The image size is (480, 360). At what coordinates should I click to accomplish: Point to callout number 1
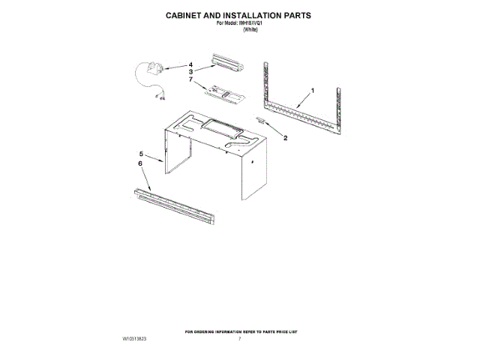pyautogui.click(x=313, y=91)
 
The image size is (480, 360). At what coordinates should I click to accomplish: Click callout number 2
pyautogui.click(x=284, y=138)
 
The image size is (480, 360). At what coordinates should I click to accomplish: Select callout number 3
pyautogui.click(x=191, y=71)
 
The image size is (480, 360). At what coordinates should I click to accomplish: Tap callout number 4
pyautogui.click(x=190, y=64)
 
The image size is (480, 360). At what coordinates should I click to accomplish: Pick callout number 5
pyautogui.click(x=142, y=154)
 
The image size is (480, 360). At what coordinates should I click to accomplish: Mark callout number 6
pyautogui.click(x=140, y=163)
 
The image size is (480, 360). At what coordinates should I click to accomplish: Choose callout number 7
pyautogui.click(x=191, y=79)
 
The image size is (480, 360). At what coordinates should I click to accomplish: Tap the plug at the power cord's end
pyautogui.click(x=160, y=94)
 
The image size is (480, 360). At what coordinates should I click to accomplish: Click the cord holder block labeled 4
pyautogui.click(x=157, y=70)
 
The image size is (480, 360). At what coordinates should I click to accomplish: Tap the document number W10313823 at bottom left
pyautogui.click(x=135, y=340)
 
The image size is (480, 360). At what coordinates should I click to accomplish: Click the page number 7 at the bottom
pyautogui.click(x=239, y=340)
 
